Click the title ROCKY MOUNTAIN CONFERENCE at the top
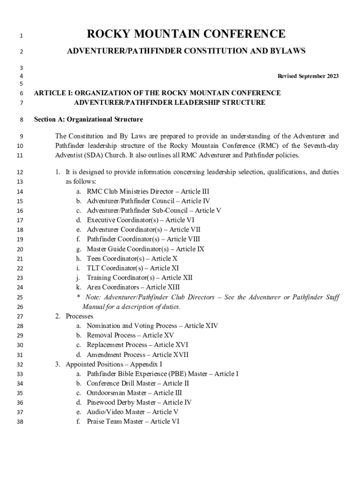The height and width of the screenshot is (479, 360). pyautogui.click(x=186, y=34)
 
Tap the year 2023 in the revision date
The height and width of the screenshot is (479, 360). pyautogui.click(x=330, y=76)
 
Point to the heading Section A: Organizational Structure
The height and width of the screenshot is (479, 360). pyautogui.click(x=88, y=119)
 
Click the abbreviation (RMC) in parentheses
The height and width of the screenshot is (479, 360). pyautogui.click(x=266, y=146)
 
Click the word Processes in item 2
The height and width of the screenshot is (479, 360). pyautogui.click(x=79, y=316)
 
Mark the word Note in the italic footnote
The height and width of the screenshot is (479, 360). pyautogui.click(x=94, y=297)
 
